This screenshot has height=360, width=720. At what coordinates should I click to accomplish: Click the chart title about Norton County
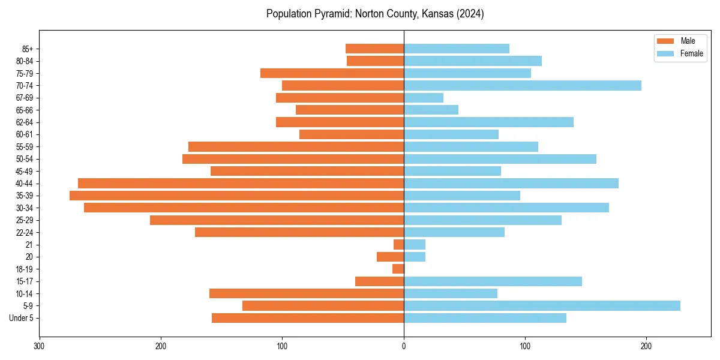pyautogui.click(x=375, y=14)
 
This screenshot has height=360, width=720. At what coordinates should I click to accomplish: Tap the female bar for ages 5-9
pyautogui.click(x=542, y=305)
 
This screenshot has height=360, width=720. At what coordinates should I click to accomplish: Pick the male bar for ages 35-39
pyautogui.click(x=236, y=196)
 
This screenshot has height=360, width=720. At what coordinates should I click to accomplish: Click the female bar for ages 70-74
pyautogui.click(x=522, y=85)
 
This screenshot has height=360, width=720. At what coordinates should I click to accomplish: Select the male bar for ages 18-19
pyautogui.click(x=398, y=269)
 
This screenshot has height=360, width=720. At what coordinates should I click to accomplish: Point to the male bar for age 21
pyautogui.click(x=399, y=244)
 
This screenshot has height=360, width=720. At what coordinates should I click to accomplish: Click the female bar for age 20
pyautogui.click(x=415, y=257)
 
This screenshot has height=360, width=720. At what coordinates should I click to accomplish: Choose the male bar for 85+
pyautogui.click(x=374, y=49)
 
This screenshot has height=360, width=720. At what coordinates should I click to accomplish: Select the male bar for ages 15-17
pyautogui.click(x=379, y=281)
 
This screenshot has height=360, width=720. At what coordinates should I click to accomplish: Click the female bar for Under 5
pyautogui.click(x=485, y=318)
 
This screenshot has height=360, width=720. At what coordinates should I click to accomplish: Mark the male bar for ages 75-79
pyautogui.click(x=332, y=73)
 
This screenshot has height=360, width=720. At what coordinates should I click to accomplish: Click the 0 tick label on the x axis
pyautogui.click(x=404, y=346)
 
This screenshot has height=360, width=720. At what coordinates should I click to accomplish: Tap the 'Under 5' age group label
pyautogui.click(x=22, y=318)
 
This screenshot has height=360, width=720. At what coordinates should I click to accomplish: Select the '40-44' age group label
pyautogui.click(x=25, y=184)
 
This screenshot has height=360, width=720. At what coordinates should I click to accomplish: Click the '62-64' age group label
pyautogui.click(x=25, y=122)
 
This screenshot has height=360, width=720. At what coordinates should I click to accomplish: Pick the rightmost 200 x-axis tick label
pyautogui.click(x=646, y=346)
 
